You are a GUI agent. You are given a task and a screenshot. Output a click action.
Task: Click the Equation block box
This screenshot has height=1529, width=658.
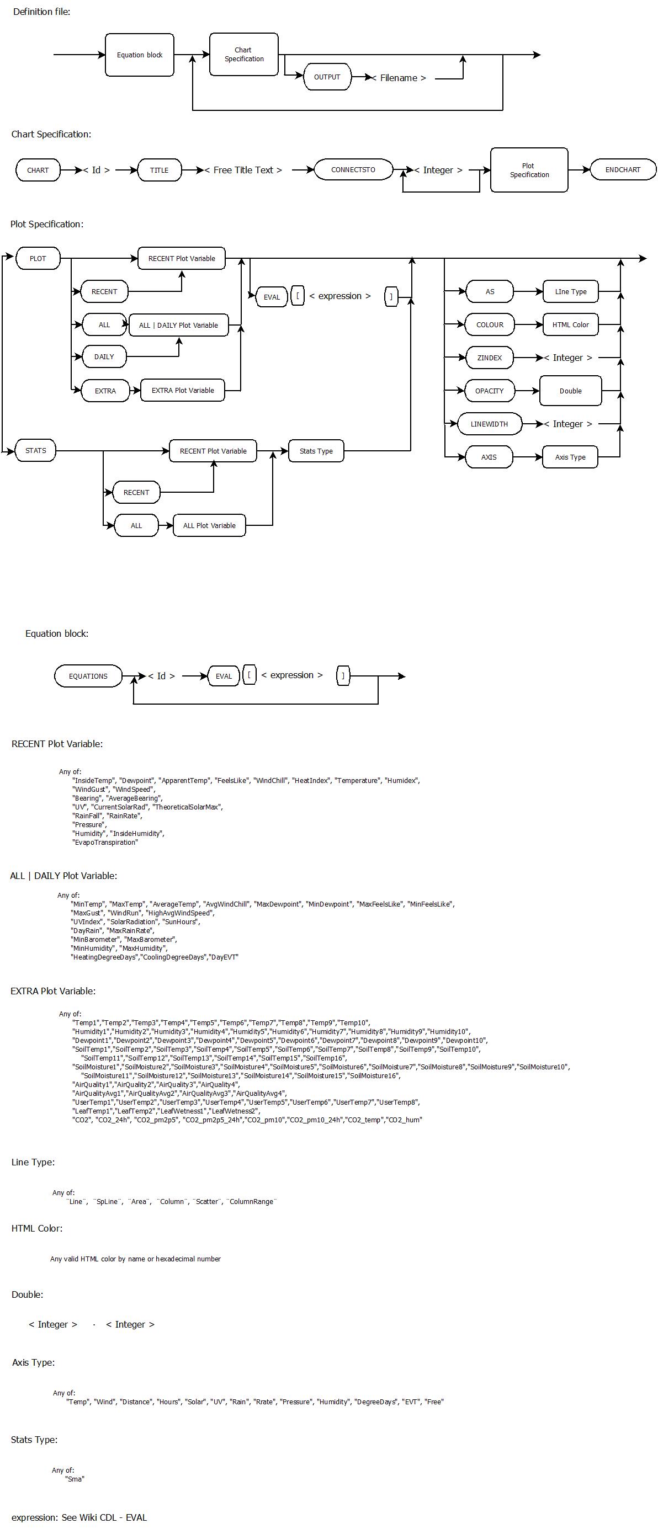point(140,55)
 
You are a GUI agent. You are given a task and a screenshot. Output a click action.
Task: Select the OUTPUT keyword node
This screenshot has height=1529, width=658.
point(327,77)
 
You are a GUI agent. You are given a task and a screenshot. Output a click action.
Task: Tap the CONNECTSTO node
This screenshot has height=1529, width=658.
point(353,170)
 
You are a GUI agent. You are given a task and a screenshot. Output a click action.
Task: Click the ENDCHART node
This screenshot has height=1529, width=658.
point(623,170)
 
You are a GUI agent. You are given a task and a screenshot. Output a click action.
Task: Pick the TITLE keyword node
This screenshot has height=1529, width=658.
point(159,171)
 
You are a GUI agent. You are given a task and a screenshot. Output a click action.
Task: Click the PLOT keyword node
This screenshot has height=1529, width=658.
point(38,259)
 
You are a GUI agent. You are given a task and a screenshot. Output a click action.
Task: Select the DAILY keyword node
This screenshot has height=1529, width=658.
point(104,356)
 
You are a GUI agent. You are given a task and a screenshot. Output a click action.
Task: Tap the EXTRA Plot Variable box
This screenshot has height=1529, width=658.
point(183,391)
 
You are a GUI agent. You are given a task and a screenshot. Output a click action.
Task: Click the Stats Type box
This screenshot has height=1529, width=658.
point(316,451)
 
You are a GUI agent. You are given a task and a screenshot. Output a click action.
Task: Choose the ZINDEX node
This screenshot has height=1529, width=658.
point(489,358)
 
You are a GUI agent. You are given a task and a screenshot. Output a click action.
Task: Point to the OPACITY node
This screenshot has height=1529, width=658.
point(489,391)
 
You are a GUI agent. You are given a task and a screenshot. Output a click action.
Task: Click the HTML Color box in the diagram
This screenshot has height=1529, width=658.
point(571,324)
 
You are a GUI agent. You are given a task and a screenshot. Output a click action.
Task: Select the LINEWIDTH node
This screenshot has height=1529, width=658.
point(489,424)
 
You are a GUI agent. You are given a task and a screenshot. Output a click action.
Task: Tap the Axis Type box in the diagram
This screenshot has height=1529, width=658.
point(570,457)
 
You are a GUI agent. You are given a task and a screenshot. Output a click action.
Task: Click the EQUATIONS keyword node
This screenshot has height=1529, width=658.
point(88,676)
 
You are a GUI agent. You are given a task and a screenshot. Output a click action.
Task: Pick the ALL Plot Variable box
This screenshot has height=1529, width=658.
point(209,526)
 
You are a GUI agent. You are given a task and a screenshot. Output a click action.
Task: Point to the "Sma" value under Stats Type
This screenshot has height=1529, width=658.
point(75,1479)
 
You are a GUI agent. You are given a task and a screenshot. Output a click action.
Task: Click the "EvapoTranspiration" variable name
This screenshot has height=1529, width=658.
point(105,842)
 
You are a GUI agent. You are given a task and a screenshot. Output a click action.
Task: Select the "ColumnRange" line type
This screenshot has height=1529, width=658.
point(251,1201)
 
